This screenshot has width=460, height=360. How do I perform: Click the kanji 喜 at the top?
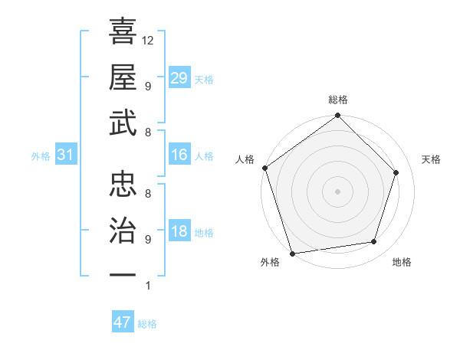click(123, 32)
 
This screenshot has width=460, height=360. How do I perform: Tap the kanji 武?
click(123, 123)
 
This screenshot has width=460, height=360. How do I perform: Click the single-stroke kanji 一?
click(123, 273)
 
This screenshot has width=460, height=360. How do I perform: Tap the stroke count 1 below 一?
click(147, 286)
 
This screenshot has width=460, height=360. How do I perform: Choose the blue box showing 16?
click(179, 155)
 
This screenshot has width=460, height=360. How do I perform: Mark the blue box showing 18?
click(179, 232)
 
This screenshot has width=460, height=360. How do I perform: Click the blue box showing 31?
click(65, 155)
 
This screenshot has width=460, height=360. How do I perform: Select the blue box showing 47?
click(123, 322)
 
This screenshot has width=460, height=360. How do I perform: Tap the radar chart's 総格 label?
click(338, 100)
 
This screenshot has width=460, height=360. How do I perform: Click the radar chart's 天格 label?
click(432, 159)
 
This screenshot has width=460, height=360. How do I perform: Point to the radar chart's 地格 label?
click(402, 262)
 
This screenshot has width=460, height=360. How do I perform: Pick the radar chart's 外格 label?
click(270, 262)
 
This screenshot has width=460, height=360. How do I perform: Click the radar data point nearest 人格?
click(264, 168)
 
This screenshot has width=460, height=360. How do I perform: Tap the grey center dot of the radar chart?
click(337, 191)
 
